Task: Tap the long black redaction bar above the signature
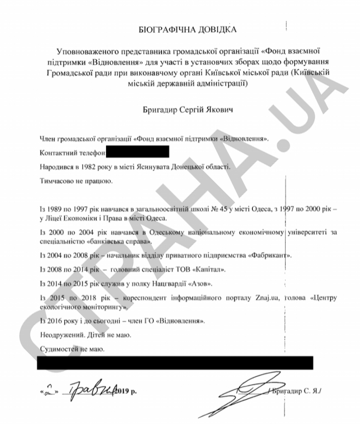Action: pyautogui.click(x=176, y=363)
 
